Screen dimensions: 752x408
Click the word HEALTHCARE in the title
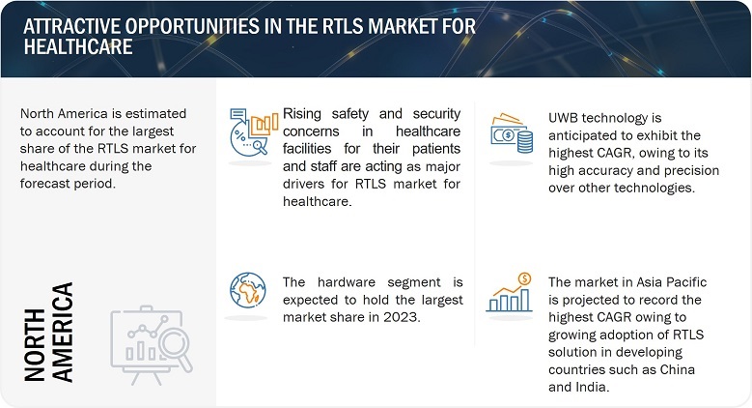coord(78,46)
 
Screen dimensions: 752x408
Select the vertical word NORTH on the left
coord(35,344)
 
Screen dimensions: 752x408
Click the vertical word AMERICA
coord(63,332)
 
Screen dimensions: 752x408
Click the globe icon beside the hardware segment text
coord(247,290)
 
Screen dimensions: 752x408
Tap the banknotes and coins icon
coord(512,133)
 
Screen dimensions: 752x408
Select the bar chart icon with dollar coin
coord(510,292)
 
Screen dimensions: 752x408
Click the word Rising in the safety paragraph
coord(301,114)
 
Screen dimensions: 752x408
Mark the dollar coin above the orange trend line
coord(525,278)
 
